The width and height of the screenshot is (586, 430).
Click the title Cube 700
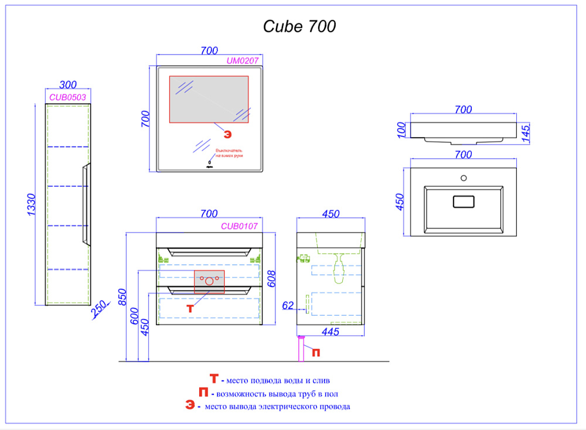pyautogui.click(x=299, y=26)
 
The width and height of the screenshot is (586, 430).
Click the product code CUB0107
pyautogui.click(x=239, y=226)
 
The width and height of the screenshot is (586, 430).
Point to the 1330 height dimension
pyautogui.click(x=32, y=204)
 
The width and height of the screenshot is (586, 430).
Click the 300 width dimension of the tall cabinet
pyautogui.click(x=68, y=86)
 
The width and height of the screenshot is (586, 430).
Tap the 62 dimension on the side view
pyautogui.click(x=287, y=305)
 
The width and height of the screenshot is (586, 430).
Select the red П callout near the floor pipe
pyautogui.click(x=316, y=352)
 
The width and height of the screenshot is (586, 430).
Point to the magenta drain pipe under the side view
pyautogui.click(x=302, y=350)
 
